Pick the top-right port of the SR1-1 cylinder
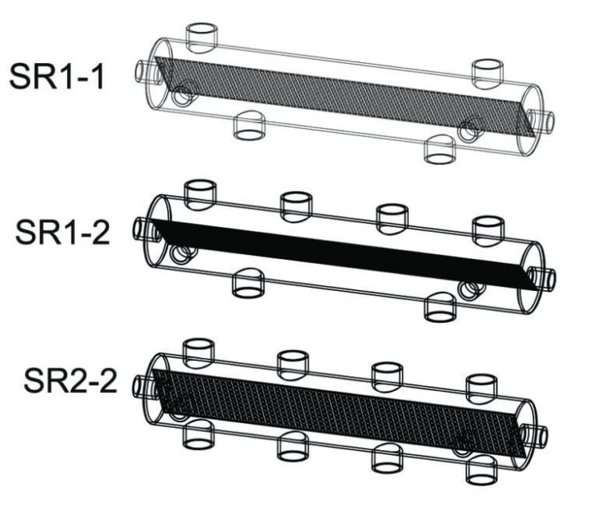coord(488,72)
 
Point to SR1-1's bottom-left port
coord(249,125)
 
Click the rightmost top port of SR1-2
coord(488,229)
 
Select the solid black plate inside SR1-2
coord(343,251)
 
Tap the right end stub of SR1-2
coord(546,277)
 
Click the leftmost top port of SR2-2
coord(199,351)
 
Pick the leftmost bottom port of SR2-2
coord(199,434)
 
